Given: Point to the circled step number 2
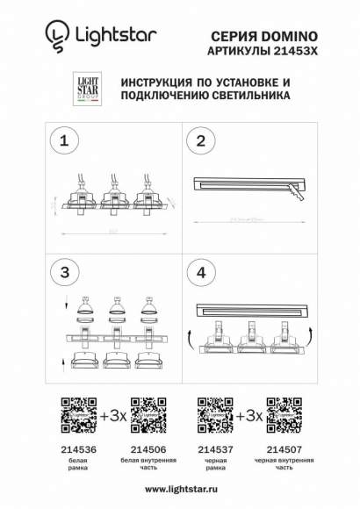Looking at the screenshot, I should pyautogui.click(x=201, y=140).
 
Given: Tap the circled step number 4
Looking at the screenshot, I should pyautogui.click(x=201, y=273).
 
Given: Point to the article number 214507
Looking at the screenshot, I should pyautogui.click(x=284, y=447).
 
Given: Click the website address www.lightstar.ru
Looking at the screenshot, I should pyautogui.click(x=180, y=489).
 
